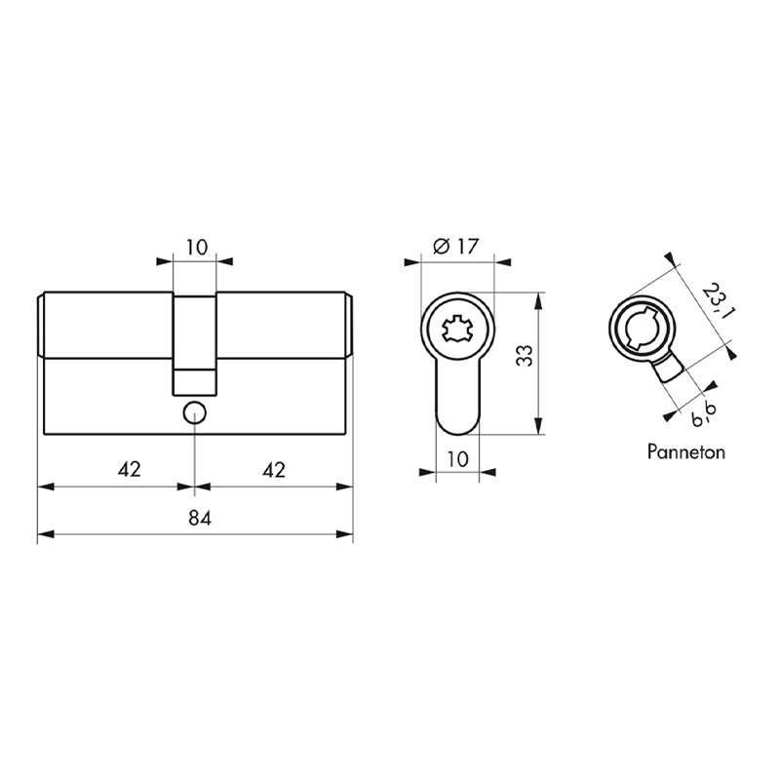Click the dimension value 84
(x=200, y=519)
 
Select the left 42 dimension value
(x=130, y=470)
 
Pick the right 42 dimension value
(x=274, y=470)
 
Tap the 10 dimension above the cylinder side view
(x=197, y=248)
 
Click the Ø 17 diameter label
(x=455, y=247)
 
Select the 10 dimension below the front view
(x=457, y=459)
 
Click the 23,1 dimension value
(x=716, y=301)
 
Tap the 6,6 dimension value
(x=703, y=416)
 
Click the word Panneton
(x=686, y=451)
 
